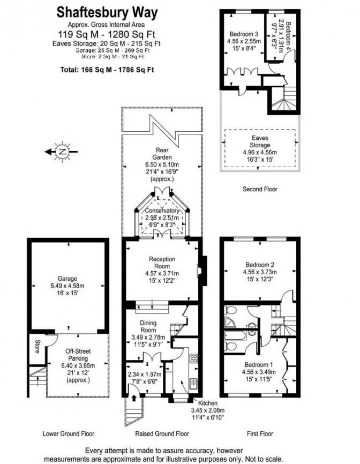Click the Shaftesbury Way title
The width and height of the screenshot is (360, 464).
(107, 13)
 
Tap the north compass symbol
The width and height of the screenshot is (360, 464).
(62, 151)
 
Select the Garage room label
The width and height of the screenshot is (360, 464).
(67, 279)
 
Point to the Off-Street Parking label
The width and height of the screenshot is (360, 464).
(78, 355)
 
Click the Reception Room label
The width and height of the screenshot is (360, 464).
(162, 263)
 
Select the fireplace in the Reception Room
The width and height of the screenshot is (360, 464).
(200, 271)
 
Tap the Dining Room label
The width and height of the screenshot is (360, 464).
(148, 326)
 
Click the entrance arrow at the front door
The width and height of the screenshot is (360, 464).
(133, 397)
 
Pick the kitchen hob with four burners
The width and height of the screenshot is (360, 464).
(193, 358)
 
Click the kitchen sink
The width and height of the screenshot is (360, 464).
(193, 384)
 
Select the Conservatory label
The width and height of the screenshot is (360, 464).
(162, 211)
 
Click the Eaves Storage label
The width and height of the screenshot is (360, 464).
(260, 142)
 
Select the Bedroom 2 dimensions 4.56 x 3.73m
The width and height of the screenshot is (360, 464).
(260, 272)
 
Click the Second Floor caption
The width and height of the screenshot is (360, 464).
(260, 189)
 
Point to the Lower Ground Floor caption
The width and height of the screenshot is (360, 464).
(69, 433)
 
